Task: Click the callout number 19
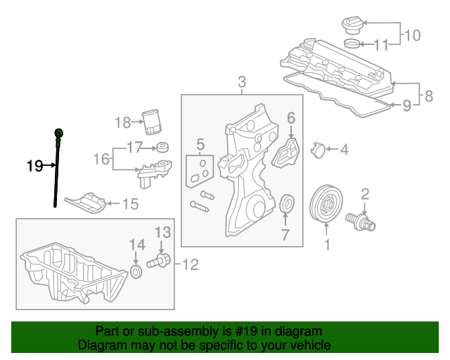click(x=34, y=167)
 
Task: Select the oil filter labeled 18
click(x=151, y=122)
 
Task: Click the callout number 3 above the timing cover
click(x=242, y=83)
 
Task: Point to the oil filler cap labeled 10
click(x=349, y=26)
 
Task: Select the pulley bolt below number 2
click(x=366, y=221)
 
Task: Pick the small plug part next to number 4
click(x=317, y=149)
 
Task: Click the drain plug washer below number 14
click(x=136, y=270)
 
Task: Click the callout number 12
click(x=191, y=264)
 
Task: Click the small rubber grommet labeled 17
click(x=163, y=148)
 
